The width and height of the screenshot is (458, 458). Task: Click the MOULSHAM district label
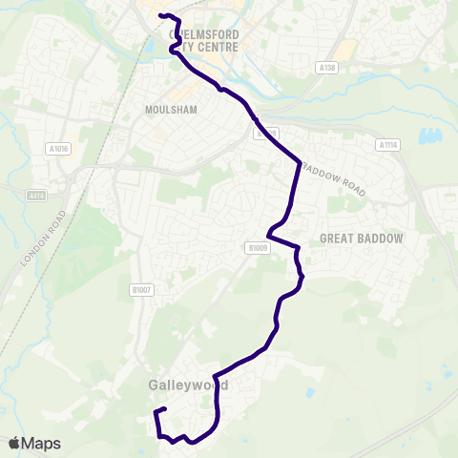(x=171, y=110)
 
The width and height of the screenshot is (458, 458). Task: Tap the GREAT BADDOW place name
(x=362, y=238)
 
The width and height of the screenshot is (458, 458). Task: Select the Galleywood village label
(x=188, y=385)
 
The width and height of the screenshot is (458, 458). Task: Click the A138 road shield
(x=327, y=68)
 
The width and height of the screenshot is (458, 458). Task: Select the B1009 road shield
(x=253, y=247)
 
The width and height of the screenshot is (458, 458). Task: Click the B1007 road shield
(x=141, y=289)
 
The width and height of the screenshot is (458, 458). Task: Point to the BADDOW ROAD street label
(x=334, y=178)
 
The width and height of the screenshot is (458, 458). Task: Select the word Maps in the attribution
(x=41, y=444)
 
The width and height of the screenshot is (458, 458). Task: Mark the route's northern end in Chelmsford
(x=159, y=15)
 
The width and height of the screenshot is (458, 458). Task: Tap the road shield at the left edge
(x=36, y=195)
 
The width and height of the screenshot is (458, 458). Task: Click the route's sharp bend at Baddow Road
(x=300, y=161)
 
